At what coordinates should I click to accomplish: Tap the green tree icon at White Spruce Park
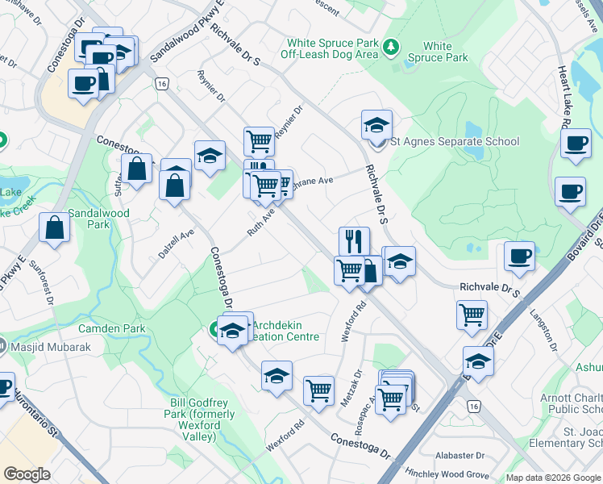(x=392, y=47)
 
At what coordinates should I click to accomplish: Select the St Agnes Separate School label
(x=455, y=142)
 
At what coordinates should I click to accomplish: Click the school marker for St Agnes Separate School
(x=376, y=126)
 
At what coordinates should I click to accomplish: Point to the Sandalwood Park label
(x=98, y=213)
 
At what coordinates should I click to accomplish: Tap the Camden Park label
(x=118, y=329)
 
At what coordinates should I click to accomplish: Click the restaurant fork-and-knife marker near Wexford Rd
(x=354, y=240)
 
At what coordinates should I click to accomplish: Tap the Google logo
(x=27, y=474)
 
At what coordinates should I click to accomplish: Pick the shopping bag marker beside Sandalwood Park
(x=54, y=227)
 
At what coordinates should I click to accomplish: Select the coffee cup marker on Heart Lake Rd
(x=576, y=144)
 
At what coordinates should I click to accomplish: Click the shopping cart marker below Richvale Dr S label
(x=472, y=314)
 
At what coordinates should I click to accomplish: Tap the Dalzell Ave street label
(x=177, y=243)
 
